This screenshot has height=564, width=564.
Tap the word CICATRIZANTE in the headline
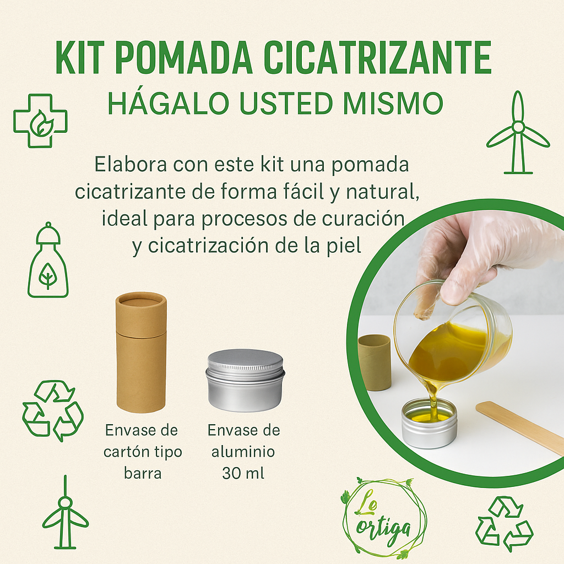[378, 57]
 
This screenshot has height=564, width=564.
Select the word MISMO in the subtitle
[393, 103]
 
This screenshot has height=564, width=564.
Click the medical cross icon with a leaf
[40, 121]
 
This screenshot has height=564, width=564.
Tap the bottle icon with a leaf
[48, 260]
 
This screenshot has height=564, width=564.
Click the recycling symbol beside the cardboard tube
[53, 410]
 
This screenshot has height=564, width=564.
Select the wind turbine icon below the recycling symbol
[65, 512]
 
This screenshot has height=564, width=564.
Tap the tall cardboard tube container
[142, 352]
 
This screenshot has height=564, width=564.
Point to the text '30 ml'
[243, 473]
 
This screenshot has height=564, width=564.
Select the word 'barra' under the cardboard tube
[143, 473]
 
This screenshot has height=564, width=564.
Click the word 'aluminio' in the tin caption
[243, 452]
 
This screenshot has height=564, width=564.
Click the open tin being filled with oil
[429, 422]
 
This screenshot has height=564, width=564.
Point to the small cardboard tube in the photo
[375, 362]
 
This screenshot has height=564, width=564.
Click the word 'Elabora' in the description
[131, 165]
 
